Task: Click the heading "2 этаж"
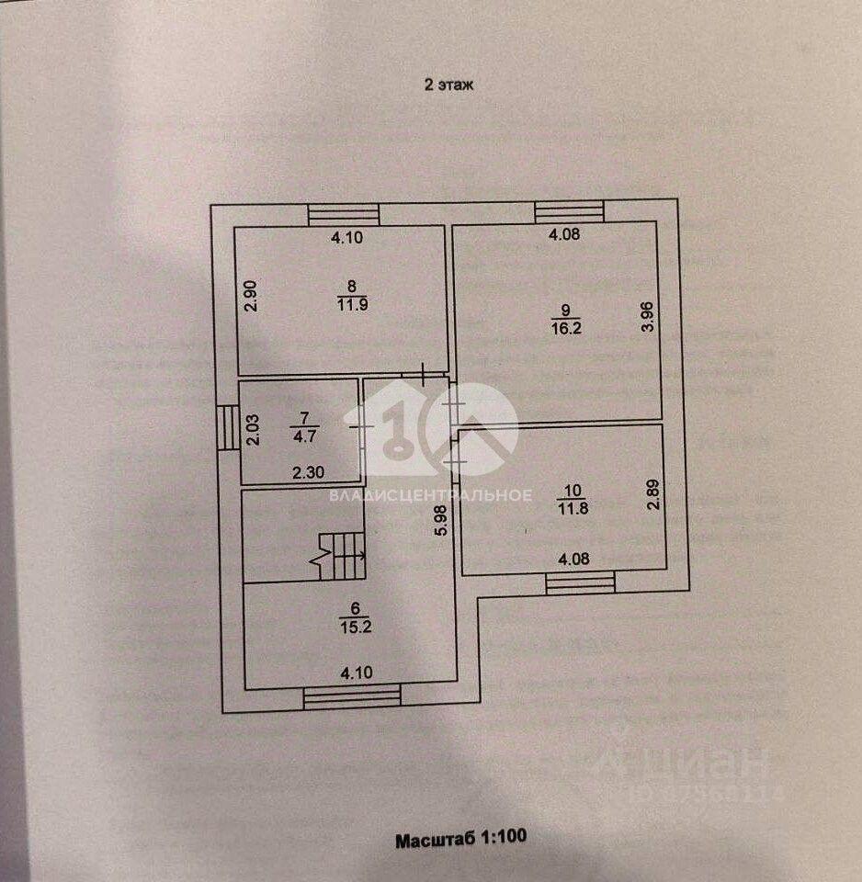point(447,85)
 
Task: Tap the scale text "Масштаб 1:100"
point(460,839)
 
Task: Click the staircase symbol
point(345,554)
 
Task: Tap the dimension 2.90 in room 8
point(254,297)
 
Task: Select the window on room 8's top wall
point(344,214)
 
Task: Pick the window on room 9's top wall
point(570,212)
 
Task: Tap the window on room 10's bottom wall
point(580,582)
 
